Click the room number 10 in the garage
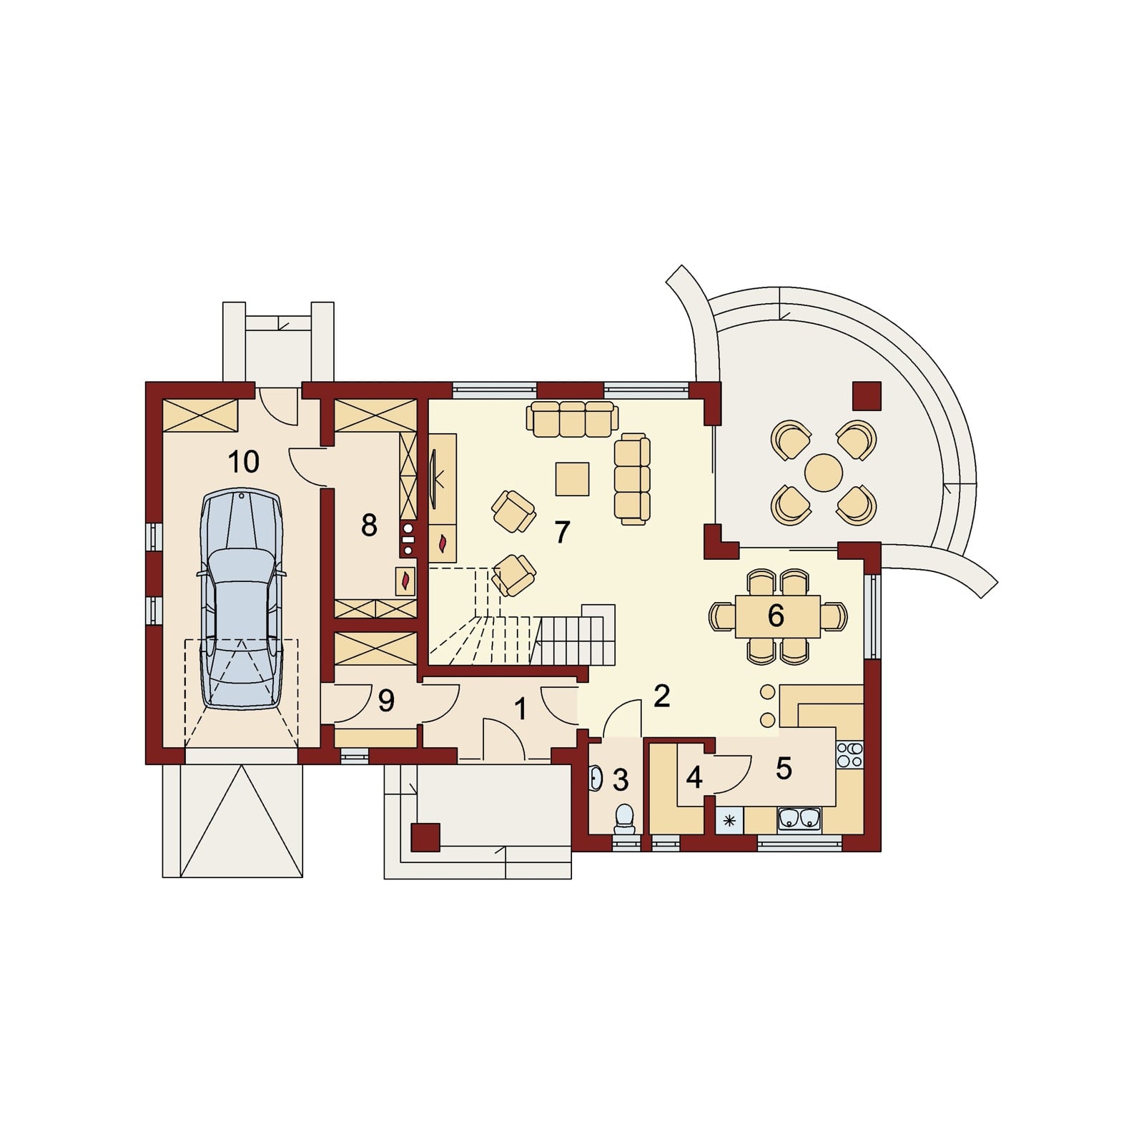tap(244, 462)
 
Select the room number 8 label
tap(369, 526)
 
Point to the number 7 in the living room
tap(562, 532)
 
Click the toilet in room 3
tap(625, 819)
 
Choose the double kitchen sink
tap(800, 819)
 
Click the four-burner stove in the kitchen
tap(849, 754)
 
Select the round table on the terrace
tap(824, 473)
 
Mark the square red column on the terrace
tap(867, 395)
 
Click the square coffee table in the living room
tap(573, 479)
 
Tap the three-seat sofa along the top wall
tap(571, 419)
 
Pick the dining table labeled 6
tap(778, 616)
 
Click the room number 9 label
tap(386, 701)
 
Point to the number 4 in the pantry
tap(694, 778)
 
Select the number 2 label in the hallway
tap(661, 696)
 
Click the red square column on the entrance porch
tap(425, 837)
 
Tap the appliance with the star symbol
tap(729, 821)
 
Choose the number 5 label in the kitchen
tap(784, 769)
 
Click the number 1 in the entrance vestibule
tap(521, 709)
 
